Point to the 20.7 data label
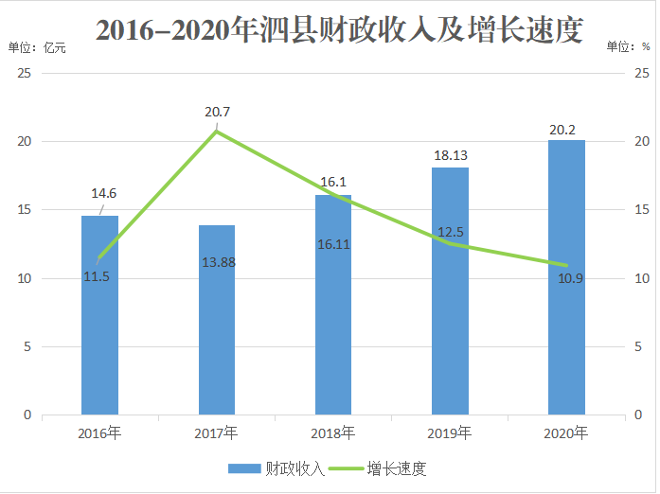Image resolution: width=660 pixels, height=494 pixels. click(218, 113)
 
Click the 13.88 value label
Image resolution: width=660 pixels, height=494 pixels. click(219, 260)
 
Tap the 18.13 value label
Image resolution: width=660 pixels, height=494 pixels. click(451, 155)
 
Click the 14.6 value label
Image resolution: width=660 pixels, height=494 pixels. click(103, 194)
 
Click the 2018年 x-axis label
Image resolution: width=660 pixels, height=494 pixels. click(333, 434)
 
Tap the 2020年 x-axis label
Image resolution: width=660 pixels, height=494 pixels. click(567, 434)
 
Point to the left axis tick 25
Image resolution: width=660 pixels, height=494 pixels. click(26, 74)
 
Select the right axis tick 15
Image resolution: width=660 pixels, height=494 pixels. click(641, 210)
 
